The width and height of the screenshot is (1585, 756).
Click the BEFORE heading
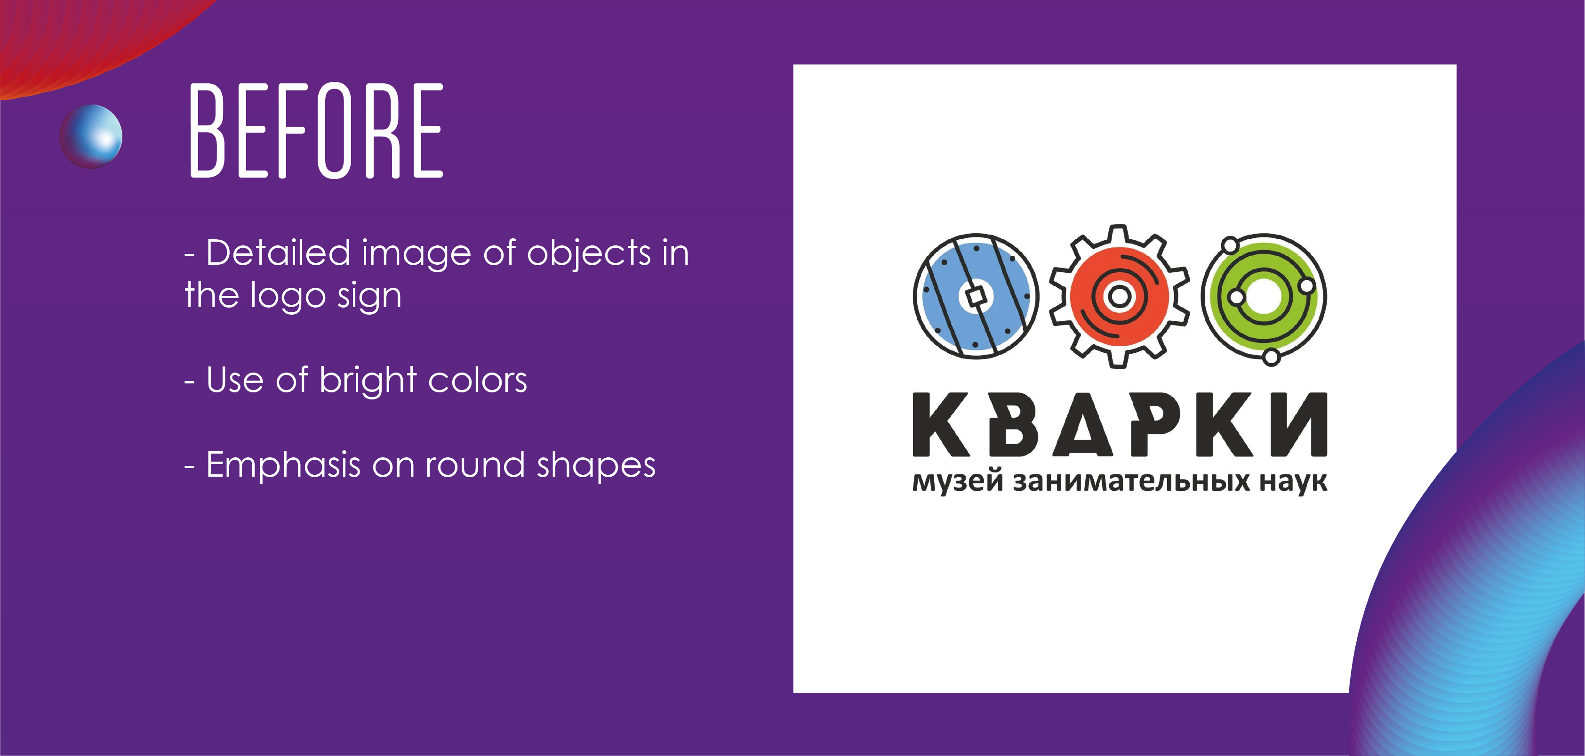[316, 130]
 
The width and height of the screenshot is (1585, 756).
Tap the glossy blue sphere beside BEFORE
[91, 136]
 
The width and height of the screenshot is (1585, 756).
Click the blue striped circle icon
[976, 296]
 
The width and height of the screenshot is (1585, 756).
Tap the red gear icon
[1119, 296]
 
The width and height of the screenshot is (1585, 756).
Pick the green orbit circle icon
[1264, 297]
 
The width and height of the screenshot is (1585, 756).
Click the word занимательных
[1131, 481]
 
